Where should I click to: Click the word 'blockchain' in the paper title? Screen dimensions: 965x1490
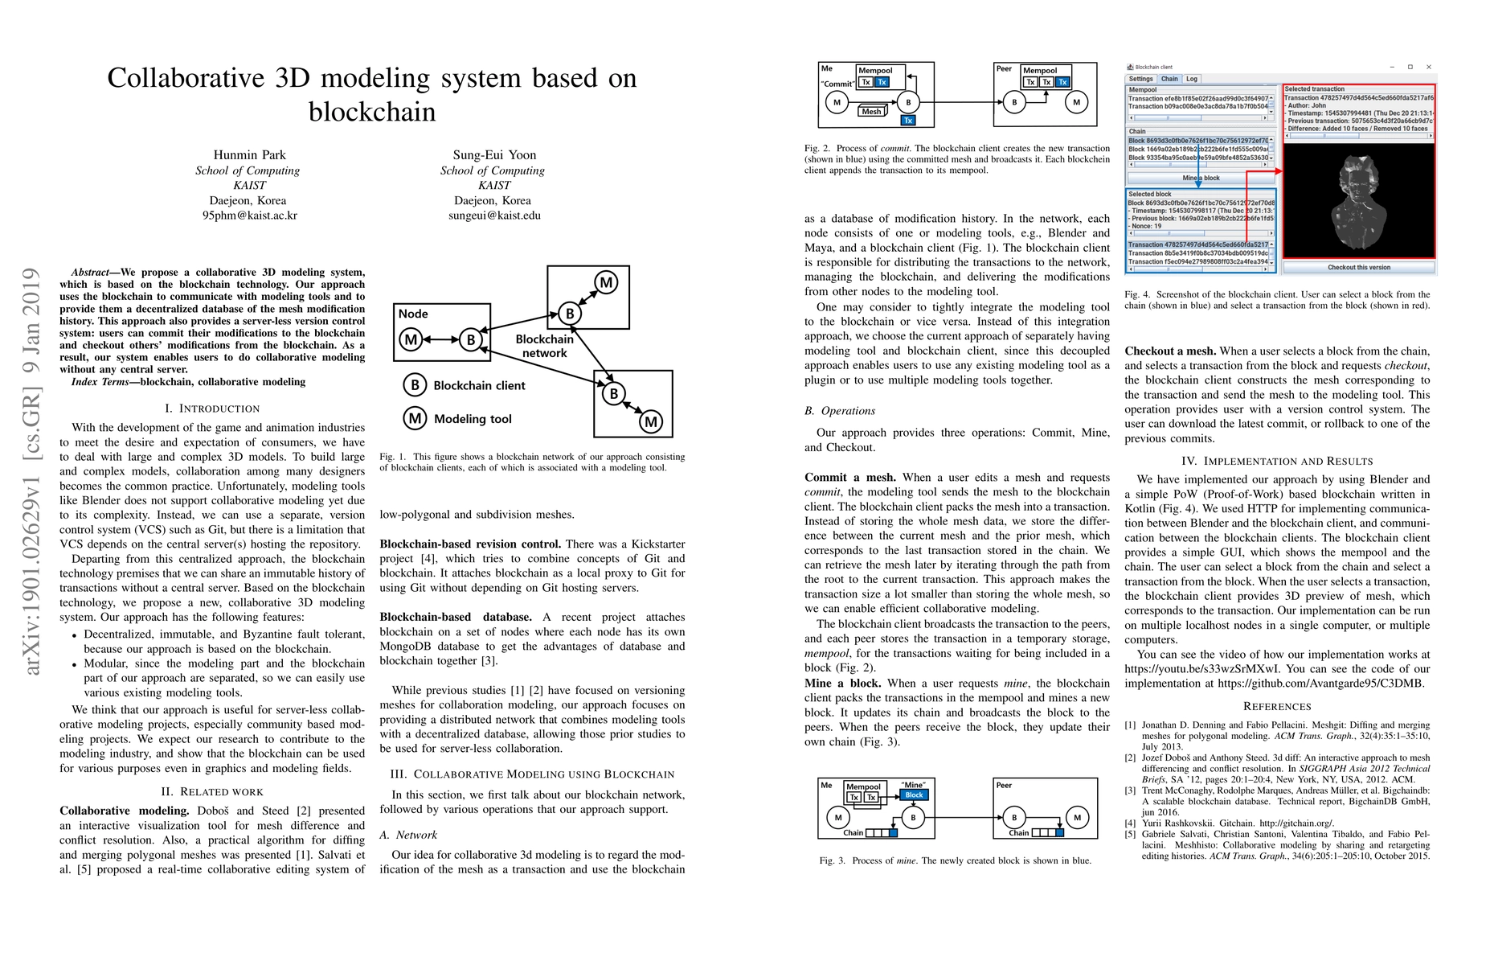click(x=372, y=112)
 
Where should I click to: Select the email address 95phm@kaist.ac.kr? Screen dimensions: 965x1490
click(x=249, y=216)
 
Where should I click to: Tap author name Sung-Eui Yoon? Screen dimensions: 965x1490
click(x=494, y=155)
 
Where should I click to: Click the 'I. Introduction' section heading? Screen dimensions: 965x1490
click(x=212, y=409)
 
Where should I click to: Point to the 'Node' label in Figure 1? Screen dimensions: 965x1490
click(x=413, y=314)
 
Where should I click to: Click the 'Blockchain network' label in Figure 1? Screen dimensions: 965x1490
click(x=544, y=346)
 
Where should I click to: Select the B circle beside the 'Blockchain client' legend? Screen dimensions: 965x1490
click(x=415, y=385)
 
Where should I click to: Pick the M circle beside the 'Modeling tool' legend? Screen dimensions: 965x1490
click(x=415, y=418)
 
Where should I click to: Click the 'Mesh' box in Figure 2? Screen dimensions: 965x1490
click(x=872, y=111)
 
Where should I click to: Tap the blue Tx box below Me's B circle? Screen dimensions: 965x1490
click(x=908, y=121)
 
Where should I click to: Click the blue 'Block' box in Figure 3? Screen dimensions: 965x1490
click(x=914, y=795)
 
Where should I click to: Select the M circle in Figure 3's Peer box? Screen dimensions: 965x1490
click(x=1078, y=817)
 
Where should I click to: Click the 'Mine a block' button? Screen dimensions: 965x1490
click(x=1201, y=178)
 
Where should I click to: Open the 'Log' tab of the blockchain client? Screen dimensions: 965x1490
click(x=1192, y=79)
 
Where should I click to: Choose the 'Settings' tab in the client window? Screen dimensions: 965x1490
click(x=1140, y=79)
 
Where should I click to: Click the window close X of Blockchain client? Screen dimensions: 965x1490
click(x=1429, y=67)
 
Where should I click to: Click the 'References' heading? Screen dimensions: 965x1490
click(x=1276, y=706)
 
